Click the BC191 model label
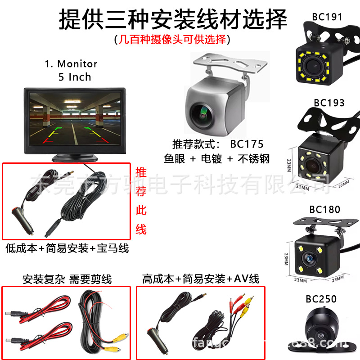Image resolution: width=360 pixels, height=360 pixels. tap(327, 17)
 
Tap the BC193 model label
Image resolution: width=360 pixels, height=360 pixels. tap(329, 103)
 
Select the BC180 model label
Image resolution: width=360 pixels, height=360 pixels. tap(325, 209)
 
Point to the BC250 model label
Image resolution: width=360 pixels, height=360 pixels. tap(321, 299)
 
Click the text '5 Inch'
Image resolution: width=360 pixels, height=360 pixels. tap(75, 77)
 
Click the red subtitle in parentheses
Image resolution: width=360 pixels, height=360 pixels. tap(172, 40)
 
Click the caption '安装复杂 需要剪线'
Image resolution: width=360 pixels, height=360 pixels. tap(67, 279)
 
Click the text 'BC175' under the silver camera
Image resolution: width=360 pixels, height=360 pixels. tap(247, 144)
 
